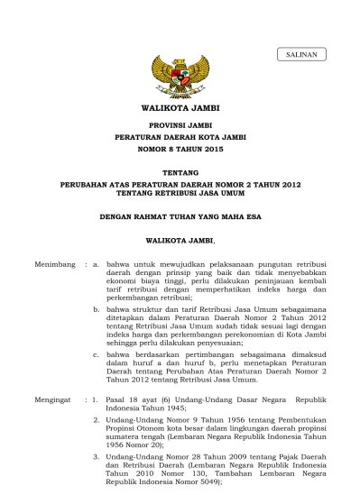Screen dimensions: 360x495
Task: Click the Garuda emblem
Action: point(180,77)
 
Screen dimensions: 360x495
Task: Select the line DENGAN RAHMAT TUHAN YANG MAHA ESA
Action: point(180,216)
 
